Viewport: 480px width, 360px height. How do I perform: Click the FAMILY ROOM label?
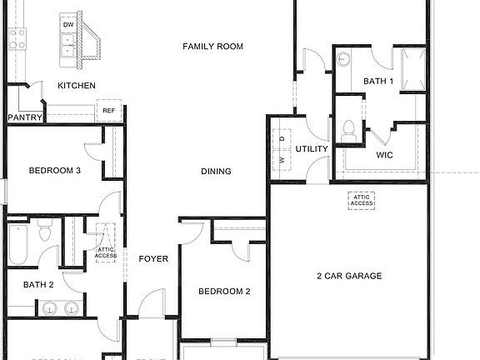(212, 47)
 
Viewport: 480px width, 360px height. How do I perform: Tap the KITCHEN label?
(76, 86)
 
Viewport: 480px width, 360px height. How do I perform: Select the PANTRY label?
(24, 117)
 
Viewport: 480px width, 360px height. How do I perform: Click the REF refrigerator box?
(108, 111)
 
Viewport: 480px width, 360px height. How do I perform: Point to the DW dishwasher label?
(67, 25)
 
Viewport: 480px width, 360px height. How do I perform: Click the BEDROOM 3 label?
(54, 171)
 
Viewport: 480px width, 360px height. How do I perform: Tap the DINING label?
(216, 172)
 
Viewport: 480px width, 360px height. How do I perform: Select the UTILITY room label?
(312, 149)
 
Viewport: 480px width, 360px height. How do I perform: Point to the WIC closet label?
(384, 155)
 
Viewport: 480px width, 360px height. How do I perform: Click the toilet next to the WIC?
(348, 131)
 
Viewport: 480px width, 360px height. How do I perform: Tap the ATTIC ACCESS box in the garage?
(361, 200)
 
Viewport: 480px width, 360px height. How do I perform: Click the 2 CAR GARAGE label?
(348, 276)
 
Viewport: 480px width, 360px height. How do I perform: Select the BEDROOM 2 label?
(224, 292)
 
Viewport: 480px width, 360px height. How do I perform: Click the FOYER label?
(153, 259)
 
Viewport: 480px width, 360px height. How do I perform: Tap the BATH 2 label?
(38, 285)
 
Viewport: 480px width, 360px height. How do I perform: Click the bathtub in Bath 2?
(18, 243)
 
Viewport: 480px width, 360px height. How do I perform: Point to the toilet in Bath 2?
(46, 232)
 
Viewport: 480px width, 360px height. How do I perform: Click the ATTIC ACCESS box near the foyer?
(106, 242)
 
